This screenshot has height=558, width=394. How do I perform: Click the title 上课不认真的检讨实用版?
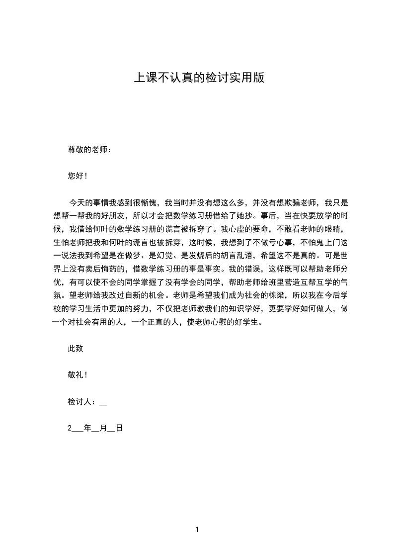point(198,78)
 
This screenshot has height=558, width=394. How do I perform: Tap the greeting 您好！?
point(77,176)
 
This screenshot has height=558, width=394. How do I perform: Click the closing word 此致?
point(76,349)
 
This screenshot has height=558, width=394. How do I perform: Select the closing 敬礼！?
point(77,375)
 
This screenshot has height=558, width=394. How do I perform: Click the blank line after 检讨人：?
point(103,403)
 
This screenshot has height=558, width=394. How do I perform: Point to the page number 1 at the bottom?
point(197,530)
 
